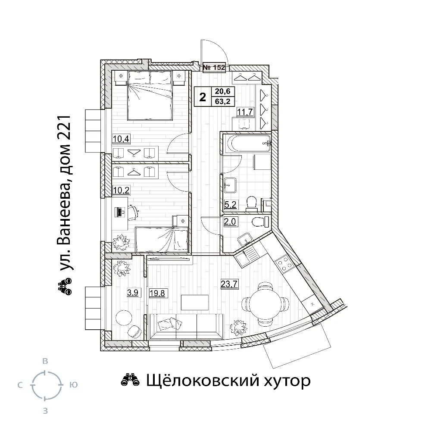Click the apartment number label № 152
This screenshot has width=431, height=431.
click(x=214, y=67)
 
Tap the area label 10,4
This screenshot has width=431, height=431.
click(x=121, y=139)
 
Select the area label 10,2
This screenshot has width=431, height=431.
click(x=121, y=190)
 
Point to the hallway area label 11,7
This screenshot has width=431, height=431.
click(x=245, y=112)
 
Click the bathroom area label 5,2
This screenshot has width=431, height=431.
click(x=230, y=204)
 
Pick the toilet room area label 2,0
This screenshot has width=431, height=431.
click(x=230, y=221)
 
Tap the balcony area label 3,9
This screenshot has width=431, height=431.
click(x=132, y=293)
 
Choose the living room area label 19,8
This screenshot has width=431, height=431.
click(x=157, y=293)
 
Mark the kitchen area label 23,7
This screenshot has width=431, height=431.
click(x=229, y=284)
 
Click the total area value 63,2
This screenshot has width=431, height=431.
click(x=223, y=101)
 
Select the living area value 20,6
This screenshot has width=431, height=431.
click(x=223, y=91)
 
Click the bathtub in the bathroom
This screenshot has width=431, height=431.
click(x=247, y=143)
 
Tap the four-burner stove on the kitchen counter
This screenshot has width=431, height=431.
click(x=284, y=263)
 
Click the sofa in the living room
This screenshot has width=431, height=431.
click(x=185, y=327)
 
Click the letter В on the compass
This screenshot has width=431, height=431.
click(x=45, y=361)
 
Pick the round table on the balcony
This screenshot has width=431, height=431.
click(x=124, y=318)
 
